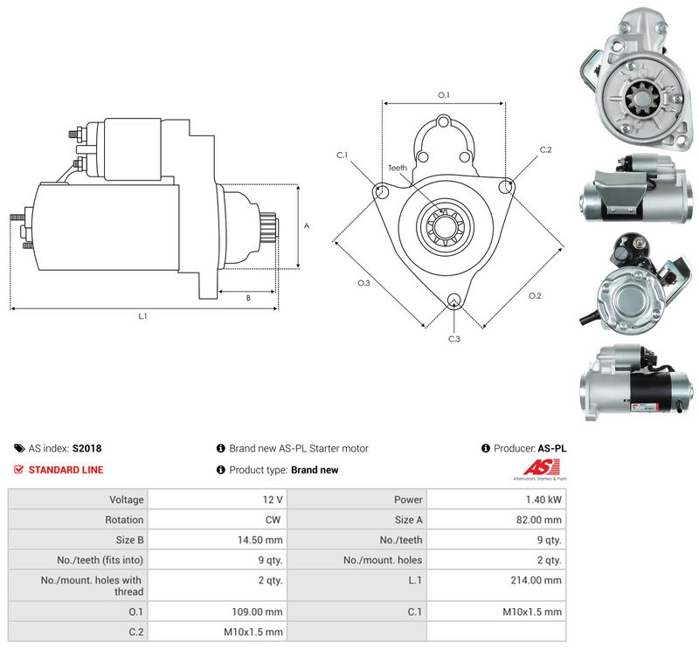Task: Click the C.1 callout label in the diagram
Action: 342,155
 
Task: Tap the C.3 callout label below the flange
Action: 453,339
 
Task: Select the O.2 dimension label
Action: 535,295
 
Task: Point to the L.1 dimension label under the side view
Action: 142,316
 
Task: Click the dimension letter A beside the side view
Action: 307,226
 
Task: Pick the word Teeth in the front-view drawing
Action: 398,168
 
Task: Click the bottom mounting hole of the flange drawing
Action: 453,300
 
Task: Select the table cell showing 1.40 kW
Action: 543,500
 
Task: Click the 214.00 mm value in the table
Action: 536,580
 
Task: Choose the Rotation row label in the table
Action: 124,520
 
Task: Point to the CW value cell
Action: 273,520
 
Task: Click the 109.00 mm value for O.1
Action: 257,611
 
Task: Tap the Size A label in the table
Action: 408,520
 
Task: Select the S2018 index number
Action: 87,448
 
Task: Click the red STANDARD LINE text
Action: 66,470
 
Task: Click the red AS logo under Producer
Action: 541,467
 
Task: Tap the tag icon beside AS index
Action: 19,448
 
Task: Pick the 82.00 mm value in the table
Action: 539,520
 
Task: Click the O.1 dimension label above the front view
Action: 444,95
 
